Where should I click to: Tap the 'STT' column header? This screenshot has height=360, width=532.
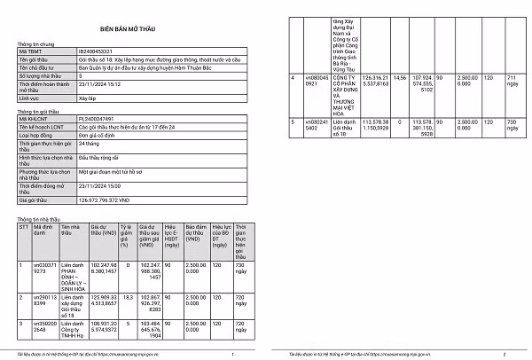24,226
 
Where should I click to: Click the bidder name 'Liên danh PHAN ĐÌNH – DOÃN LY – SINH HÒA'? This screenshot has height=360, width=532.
73,275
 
